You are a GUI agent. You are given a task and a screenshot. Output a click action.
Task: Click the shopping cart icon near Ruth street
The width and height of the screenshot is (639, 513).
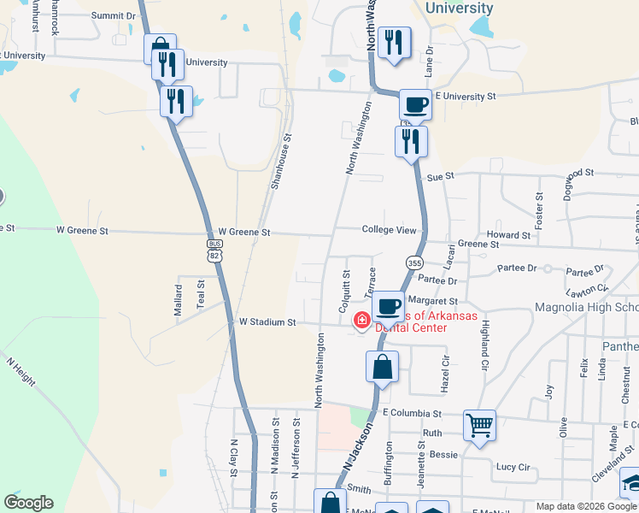pos(479,423)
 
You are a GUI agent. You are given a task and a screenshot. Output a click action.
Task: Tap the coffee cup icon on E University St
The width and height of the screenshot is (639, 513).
pos(415,104)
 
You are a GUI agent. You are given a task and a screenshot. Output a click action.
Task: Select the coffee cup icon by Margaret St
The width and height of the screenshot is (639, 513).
pos(388,305)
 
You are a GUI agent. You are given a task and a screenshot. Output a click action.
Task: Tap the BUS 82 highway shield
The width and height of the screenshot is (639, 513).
pos(214,249)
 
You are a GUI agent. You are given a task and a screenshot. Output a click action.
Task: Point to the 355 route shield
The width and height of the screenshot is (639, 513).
pos(413,263)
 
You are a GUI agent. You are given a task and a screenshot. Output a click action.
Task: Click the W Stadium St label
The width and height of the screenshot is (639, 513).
pos(267,322)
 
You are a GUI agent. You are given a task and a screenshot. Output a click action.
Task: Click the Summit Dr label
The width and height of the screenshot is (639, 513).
pos(114,15)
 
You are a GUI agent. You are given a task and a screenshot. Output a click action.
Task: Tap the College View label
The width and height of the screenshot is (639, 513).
pos(389,230)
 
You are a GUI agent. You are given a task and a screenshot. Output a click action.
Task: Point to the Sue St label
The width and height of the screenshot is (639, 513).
pos(438,176)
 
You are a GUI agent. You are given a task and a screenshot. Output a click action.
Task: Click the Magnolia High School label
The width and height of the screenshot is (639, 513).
pos(586,308)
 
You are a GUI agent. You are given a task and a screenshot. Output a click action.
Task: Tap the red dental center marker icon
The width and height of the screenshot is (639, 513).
pos(362,321)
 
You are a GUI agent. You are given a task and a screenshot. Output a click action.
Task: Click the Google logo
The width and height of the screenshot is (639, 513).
pos(29,503)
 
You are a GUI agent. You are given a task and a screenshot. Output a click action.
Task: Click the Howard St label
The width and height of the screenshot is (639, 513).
pos(508,235)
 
